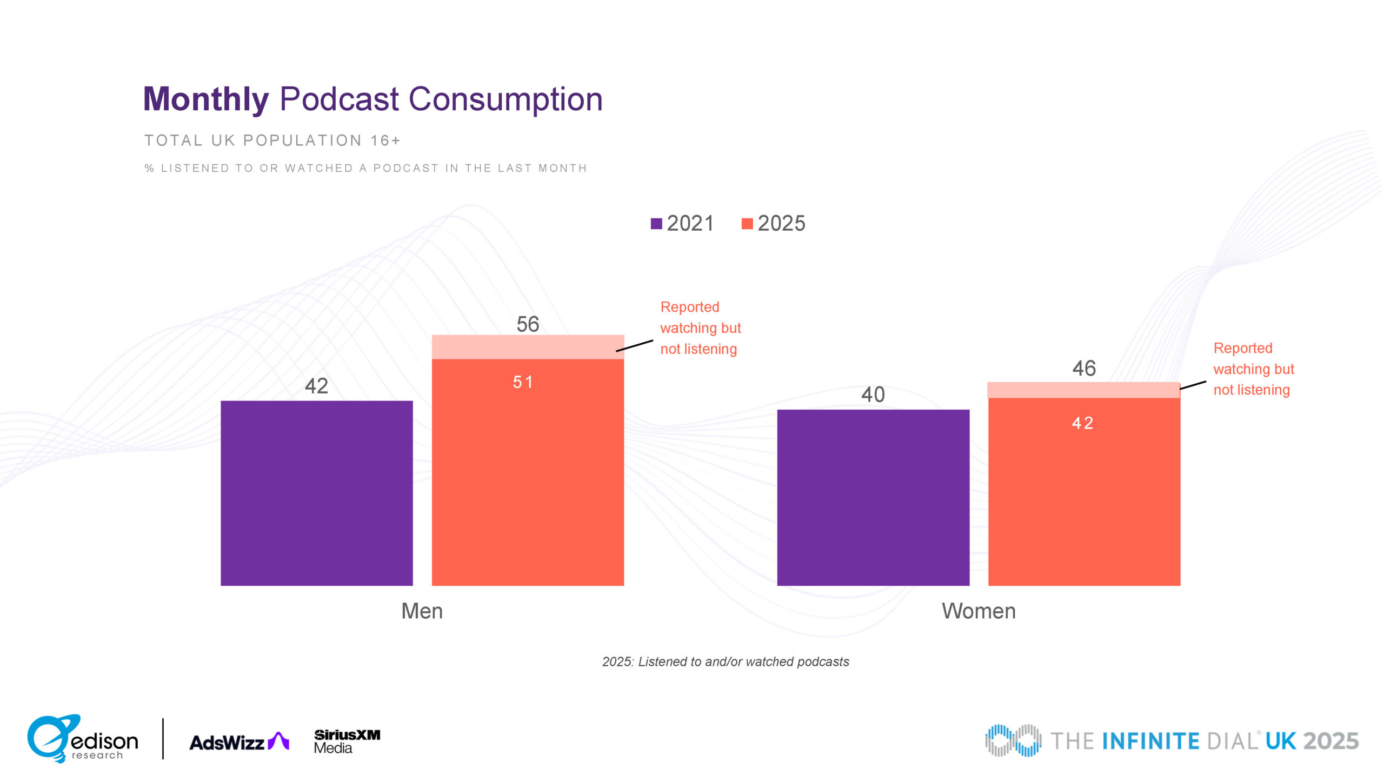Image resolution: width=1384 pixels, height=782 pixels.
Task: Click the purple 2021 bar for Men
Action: pyautogui.click(x=316, y=493)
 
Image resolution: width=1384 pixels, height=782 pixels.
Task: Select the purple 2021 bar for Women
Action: pyautogui.click(x=873, y=497)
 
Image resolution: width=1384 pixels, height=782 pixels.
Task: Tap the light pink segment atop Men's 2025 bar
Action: pyautogui.click(x=528, y=347)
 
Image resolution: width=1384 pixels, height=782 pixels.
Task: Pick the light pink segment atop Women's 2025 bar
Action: pyautogui.click(x=1083, y=390)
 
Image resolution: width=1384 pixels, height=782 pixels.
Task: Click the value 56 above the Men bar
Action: pyautogui.click(x=528, y=324)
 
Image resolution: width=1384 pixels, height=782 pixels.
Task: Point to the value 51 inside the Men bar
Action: pyautogui.click(x=523, y=383)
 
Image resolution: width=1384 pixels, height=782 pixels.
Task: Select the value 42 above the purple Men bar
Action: pyautogui.click(x=316, y=386)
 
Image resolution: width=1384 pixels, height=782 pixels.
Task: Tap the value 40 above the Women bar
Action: pyautogui.click(x=873, y=395)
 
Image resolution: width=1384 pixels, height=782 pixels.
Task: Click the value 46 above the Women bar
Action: pyautogui.click(x=1084, y=369)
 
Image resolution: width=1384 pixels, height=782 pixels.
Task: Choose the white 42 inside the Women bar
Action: pyautogui.click(x=1083, y=423)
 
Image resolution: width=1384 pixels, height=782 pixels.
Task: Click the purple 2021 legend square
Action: pyautogui.click(x=656, y=224)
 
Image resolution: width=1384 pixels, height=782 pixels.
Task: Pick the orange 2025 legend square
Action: pyautogui.click(x=747, y=224)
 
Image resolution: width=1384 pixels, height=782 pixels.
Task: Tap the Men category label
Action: pyautogui.click(x=422, y=611)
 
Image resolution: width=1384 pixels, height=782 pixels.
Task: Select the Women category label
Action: pyautogui.click(x=979, y=611)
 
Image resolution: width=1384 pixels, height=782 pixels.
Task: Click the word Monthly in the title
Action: pyautogui.click(x=206, y=99)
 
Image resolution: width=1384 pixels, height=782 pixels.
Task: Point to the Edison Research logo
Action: pyautogui.click(x=83, y=739)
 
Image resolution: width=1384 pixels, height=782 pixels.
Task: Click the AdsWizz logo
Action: pyautogui.click(x=239, y=742)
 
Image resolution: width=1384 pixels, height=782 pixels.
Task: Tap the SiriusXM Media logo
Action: pyautogui.click(x=347, y=741)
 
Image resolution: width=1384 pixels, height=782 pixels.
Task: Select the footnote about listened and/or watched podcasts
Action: pyautogui.click(x=726, y=662)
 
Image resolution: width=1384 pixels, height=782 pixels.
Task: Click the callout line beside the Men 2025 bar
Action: pyautogui.click(x=635, y=346)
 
